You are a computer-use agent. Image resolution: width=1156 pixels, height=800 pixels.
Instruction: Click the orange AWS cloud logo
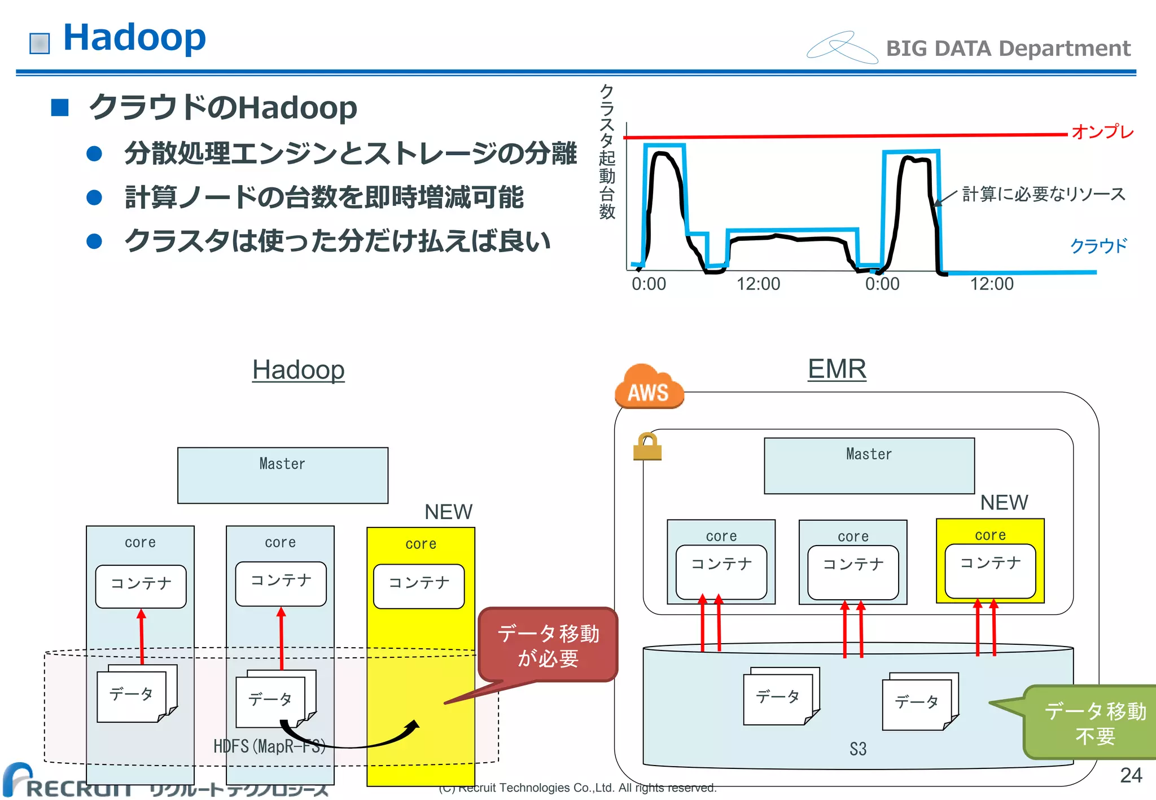pyautogui.click(x=649, y=387)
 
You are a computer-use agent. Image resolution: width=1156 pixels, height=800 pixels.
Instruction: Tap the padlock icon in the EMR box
pyautogui.click(x=647, y=447)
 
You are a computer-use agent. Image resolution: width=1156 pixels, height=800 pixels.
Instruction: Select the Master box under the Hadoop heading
pyautogui.click(x=282, y=475)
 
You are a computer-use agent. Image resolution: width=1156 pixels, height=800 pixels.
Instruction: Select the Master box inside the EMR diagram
pyautogui.click(x=869, y=465)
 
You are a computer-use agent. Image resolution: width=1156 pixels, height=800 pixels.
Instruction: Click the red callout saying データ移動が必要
pyautogui.click(x=548, y=645)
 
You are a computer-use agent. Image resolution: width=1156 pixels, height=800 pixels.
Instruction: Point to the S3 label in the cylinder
pyautogui.click(x=857, y=749)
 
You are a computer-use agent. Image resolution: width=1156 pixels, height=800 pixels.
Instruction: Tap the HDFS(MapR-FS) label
pyautogui.click(x=269, y=746)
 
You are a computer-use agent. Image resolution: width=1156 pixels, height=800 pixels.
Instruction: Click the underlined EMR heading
pyautogui.click(x=837, y=369)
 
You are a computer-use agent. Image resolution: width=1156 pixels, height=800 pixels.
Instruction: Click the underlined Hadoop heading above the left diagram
pyautogui.click(x=298, y=370)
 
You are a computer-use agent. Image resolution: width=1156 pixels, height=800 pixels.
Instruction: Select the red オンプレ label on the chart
pyautogui.click(x=1102, y=131)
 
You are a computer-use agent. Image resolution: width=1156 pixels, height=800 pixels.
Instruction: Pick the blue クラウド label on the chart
pyautogui.click(x=1098, y=245)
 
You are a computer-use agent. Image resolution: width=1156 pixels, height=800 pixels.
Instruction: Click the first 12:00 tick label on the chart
pyautogui.click(x=758, y=284)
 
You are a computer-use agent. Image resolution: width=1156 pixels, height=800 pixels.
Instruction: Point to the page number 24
pyautogui.click(x=1131, y=775)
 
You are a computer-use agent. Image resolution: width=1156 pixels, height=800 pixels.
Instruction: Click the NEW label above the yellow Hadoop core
pyautogui.click(x=448, y=512)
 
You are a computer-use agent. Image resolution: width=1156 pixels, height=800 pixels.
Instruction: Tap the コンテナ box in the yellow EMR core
pyautogui.click(x=990, y=570)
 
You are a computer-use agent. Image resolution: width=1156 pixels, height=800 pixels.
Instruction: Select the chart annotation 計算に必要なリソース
pyautogui.click(x=1043, y=194)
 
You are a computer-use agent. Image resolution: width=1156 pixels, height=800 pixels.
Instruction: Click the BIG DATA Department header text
pyautogui.click(x=1008, y=49)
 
